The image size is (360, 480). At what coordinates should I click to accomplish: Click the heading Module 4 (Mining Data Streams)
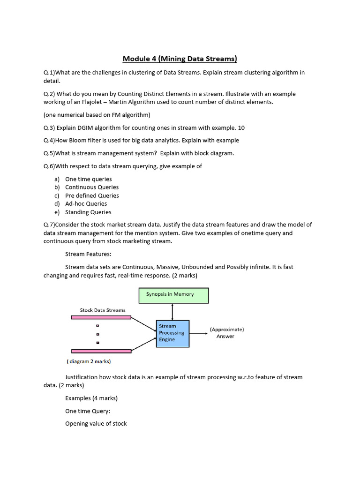(x=180, y=59)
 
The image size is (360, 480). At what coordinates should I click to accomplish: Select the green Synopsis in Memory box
(x=173, y=295)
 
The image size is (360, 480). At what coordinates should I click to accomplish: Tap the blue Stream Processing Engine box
(x=172, y=333)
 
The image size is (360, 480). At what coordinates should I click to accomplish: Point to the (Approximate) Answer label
(x=226, y=333)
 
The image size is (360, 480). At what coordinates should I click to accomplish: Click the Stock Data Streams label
(x=103, y=310)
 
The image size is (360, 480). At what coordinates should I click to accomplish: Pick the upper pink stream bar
(x=101, y=317)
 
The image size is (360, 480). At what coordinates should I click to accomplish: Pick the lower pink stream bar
(x=101, y=351)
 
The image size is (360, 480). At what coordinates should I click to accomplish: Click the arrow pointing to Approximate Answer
(x=199, y=334)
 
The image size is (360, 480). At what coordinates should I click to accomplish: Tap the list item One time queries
(x=88, y=179)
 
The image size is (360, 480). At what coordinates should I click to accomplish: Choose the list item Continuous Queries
(x=91, y=187)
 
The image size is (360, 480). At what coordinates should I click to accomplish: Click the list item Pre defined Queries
(x=92, y=195)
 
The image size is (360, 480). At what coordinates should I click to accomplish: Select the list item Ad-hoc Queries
(x=86, y=203)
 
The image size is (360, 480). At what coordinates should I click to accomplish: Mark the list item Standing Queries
(x=88, y=212)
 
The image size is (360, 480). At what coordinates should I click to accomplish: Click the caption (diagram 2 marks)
(x=89, y=361)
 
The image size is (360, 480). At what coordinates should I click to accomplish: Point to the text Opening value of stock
(x=96, y=423)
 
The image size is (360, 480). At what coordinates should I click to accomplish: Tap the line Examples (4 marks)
(x=91, y=398)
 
